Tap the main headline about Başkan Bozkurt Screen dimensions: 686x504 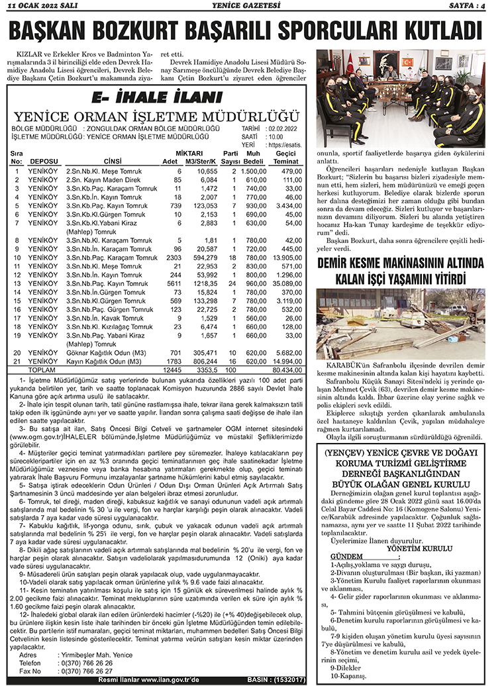[252, 32]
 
